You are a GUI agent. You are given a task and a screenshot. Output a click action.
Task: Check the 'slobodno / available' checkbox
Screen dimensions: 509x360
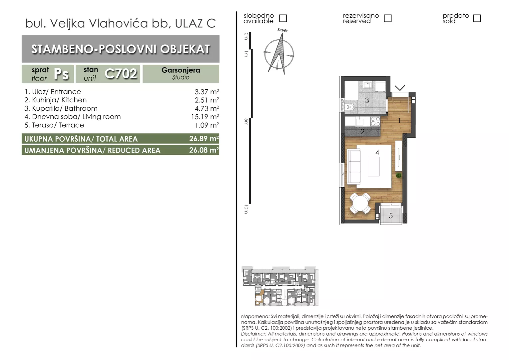(283, 18)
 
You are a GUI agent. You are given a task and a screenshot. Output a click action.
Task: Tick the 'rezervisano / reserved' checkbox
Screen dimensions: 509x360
(388, 18)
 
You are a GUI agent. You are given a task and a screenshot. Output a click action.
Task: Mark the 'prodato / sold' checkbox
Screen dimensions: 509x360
(477, 18)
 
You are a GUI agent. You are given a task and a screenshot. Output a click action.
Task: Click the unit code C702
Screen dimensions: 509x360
(121, 74)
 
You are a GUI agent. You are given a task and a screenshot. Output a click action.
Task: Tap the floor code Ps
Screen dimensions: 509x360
(61, 74)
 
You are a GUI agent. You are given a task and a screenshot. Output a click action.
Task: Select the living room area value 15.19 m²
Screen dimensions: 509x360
(205, 117)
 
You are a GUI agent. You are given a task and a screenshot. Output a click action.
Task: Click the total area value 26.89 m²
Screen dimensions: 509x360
(204, 138)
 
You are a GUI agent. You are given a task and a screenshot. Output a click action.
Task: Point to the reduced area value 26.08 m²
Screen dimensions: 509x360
(204, 150)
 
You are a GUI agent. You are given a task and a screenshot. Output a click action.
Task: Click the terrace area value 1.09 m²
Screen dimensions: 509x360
(207, 125)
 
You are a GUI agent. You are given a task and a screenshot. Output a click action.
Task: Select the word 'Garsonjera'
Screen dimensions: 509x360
(181, 70)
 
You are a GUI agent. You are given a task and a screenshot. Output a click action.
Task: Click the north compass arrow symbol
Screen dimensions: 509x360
(279, 54)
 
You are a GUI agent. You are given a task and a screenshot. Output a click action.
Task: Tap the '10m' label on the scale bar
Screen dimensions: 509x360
(246, 209)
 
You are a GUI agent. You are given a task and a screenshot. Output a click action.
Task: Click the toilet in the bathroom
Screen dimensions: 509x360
(349, 106)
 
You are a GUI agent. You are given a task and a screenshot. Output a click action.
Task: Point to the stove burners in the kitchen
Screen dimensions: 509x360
(375, 121)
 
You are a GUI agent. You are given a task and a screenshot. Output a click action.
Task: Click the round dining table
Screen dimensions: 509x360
(360, 203)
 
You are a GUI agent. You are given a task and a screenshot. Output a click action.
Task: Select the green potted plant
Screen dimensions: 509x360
(398, 175)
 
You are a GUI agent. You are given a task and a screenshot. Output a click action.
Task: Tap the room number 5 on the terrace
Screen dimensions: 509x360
(391, 216)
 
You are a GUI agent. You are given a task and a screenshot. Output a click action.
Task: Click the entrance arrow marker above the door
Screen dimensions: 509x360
(400, 88)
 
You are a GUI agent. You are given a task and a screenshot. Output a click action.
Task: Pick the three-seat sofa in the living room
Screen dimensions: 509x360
(354, 166)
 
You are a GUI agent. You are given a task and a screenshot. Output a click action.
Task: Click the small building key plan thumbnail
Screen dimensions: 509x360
(280, 286)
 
